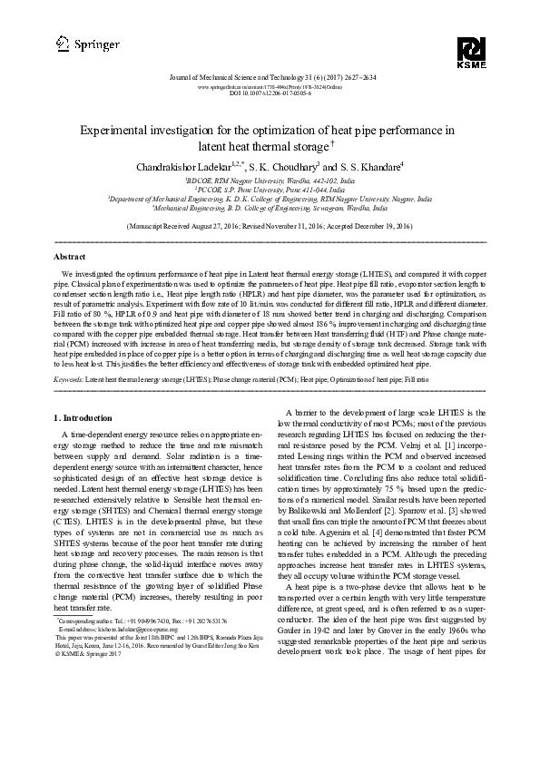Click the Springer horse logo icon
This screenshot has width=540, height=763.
(62, 42)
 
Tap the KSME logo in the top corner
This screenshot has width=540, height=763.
(473, 53)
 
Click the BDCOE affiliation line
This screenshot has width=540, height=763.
(270, 181)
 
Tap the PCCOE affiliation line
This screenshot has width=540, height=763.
(270, 189)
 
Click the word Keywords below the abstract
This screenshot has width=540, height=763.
(68, 377)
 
